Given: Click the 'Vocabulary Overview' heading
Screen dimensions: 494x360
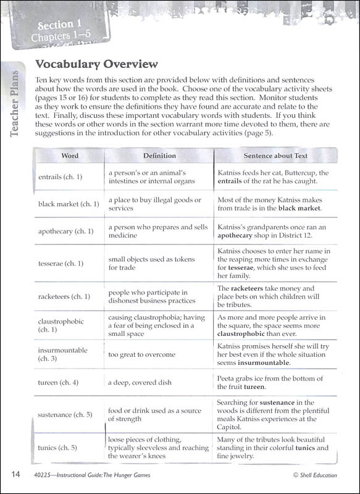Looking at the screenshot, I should coord(96,64).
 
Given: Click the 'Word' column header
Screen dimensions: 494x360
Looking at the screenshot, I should coord(70,156).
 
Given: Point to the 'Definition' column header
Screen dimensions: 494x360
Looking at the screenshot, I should coord(159,156).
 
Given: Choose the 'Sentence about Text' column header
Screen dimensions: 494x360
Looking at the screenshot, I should coord(275,156).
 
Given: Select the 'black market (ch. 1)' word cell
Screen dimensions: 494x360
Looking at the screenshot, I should coord(69,204).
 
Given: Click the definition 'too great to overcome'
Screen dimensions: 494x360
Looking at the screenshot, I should coord(142,354).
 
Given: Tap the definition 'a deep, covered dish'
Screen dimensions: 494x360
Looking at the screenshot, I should coord(140,383).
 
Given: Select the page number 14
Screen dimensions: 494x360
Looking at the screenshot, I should coord(17,474).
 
